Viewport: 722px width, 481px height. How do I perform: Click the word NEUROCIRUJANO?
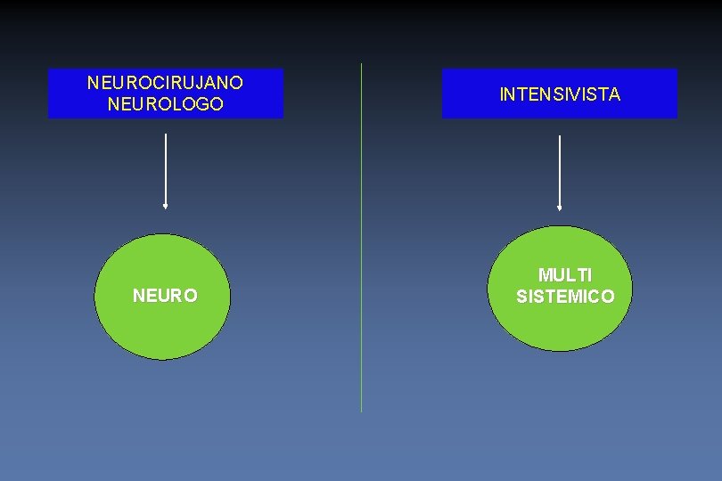coord(165,83)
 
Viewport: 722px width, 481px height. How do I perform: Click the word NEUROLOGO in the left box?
coord(165,104)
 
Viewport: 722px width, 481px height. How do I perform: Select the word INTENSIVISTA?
coord(560,94)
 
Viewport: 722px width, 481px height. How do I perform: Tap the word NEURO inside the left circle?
coord(165,296)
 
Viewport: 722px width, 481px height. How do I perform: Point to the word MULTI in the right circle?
coord(565,276)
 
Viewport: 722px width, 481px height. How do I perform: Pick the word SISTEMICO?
coord(565,297)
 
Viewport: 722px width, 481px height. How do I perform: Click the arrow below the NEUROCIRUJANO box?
coord(166,169)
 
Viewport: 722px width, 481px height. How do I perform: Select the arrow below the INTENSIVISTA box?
coord(559,171)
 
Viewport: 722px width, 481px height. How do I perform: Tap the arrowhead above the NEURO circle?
coord(166,206)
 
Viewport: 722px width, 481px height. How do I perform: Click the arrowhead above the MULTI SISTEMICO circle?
coord(559,208)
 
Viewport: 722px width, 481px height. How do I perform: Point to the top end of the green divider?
coord(361,64)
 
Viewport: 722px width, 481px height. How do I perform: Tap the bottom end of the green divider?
coord(361,411)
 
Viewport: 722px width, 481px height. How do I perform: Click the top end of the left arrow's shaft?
coord(166,135)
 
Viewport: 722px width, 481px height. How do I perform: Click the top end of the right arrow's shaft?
coord(559,136)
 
